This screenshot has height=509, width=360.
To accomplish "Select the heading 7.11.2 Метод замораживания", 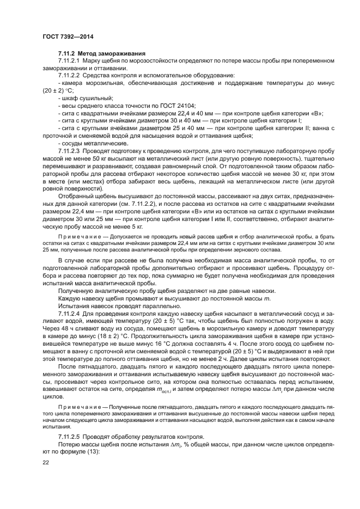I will tap(101, 53).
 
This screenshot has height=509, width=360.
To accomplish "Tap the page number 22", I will tap(46, 462).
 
